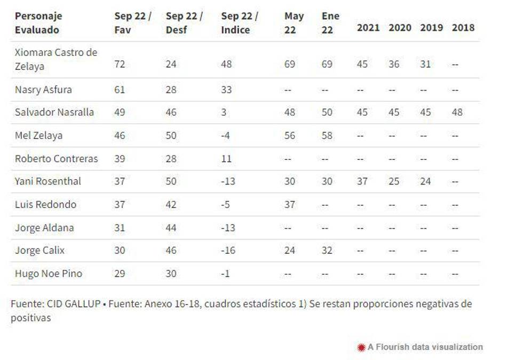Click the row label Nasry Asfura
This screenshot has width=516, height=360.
43,90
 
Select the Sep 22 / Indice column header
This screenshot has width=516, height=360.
239,23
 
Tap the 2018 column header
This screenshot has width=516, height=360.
463,28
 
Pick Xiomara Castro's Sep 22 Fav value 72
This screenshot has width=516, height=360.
120,64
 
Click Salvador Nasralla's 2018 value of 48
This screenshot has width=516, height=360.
457,113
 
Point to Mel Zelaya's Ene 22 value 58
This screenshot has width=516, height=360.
327,135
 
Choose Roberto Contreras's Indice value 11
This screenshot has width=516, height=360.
227,159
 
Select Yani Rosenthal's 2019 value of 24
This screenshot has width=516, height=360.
425,181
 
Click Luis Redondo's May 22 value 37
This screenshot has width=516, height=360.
290,205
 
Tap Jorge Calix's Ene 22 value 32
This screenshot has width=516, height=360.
327,251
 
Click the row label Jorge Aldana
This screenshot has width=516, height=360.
44,228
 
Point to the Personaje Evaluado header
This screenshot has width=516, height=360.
38,23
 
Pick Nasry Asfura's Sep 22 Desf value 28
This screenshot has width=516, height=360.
171,90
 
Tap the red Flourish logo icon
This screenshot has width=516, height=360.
361,347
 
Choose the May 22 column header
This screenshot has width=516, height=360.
294,23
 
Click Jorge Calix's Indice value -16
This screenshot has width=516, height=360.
228,251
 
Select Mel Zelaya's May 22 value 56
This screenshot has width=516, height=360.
290,135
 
